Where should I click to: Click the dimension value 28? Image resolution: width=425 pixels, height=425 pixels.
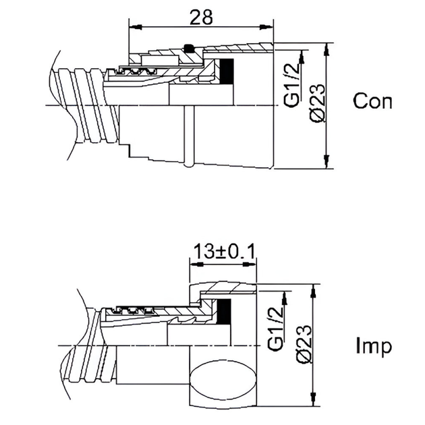(201, 18)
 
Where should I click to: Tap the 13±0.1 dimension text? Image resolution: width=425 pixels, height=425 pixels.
(224, 252)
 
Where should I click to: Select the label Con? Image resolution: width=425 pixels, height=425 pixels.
(372, 101)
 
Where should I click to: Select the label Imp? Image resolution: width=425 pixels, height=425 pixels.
(374, 346)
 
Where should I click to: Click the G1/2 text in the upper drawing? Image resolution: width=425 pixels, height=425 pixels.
(292, 86)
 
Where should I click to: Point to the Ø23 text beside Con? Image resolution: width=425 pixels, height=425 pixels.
(316, 103)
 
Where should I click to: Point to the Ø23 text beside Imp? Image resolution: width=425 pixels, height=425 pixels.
(304, 343)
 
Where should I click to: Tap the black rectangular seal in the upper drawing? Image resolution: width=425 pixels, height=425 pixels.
(227, 71)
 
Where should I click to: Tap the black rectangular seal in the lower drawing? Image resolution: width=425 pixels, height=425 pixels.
(224, 311)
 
